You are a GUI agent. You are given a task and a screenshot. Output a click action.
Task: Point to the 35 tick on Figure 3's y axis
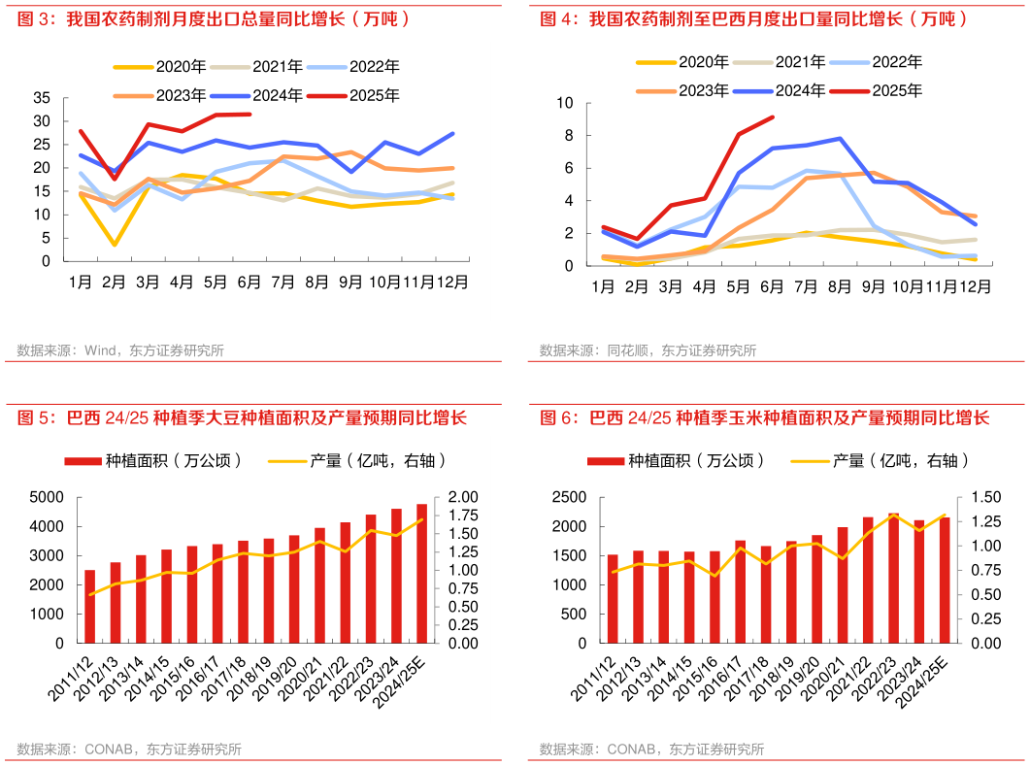(x=42, y=98)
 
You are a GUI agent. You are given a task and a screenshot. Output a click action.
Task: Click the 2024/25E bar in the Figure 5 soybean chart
(x=422, y=573)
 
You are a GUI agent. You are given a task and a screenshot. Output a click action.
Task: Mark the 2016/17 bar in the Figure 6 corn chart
(x=740, y=591)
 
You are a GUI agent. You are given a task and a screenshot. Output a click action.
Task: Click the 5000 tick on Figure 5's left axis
(x=49, y=497)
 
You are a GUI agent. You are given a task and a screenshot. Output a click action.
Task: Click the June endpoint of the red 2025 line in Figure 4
(x=773, y=117)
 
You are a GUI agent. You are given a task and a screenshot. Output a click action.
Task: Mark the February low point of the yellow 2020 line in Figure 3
(x=115, y=244)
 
